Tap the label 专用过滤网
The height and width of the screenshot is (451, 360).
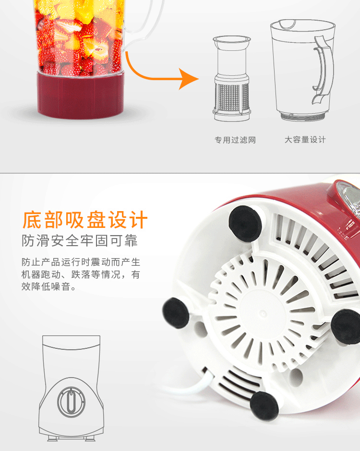pos(235,140)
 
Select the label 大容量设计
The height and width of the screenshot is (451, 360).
pos(305,140)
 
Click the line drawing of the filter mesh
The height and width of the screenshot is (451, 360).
pos(232,79)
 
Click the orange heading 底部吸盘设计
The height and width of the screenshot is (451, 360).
pos(85,220)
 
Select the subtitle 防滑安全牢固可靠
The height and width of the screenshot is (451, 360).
pos(80,241)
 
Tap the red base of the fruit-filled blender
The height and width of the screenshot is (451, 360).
pos(81,95)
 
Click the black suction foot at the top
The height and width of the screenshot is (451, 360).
pos(245,224)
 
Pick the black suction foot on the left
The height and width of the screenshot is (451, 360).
pos(176,313)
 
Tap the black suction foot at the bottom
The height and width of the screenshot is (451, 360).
pos(264,406)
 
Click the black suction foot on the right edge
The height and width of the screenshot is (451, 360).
pos(346,326)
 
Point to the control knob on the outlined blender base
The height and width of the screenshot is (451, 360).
pos(71,402)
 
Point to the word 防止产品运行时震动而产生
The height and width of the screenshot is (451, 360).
pos(81,262)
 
